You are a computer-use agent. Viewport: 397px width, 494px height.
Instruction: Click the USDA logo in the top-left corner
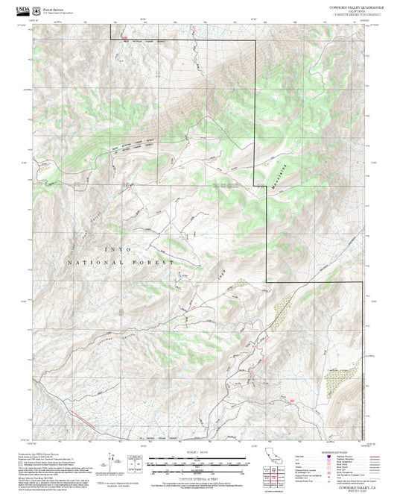15,10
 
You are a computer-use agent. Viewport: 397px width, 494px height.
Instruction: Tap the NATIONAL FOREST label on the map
121,263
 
